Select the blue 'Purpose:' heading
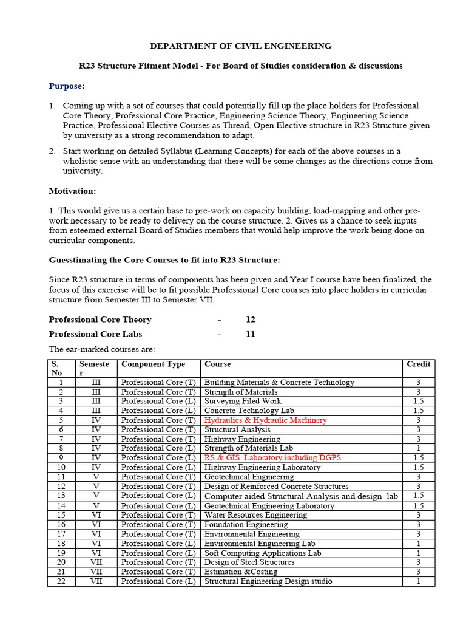[67, 86]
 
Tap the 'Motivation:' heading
[72, 191]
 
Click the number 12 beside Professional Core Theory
[251, 320]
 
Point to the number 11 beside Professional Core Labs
[251, 334]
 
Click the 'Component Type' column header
[153, 364]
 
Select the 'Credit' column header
[418, 364]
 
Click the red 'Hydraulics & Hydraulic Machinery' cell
[265, 420]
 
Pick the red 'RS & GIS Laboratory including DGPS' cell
[272, 458]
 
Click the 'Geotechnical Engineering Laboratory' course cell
[269, 506]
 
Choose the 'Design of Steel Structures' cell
[249, 562]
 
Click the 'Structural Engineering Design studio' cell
[268, 581]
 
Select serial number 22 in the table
[61, 581]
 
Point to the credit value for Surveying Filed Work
[418, 402]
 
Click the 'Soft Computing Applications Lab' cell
[263, 553]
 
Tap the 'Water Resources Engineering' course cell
[255, 515]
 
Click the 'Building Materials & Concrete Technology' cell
[279, 383]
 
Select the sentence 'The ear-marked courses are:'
[102, 349]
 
